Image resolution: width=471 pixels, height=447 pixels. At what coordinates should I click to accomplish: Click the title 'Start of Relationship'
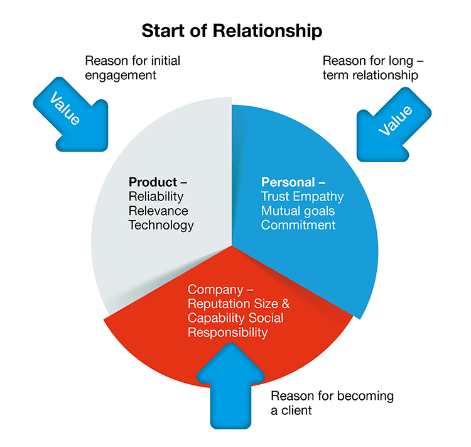232,31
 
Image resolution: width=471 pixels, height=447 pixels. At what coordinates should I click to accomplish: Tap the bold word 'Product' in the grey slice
153,182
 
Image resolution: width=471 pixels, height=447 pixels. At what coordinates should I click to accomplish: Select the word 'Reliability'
156,197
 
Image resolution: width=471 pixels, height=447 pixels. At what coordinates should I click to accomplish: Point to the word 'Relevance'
158,211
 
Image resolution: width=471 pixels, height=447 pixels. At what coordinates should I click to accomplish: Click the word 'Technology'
161,226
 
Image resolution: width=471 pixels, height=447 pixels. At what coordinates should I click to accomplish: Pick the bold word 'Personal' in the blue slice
288,182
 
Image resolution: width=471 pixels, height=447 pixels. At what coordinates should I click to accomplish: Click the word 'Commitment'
298,225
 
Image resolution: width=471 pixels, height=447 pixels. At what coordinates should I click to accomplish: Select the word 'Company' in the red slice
215,290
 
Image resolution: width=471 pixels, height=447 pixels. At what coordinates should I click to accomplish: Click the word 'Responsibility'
227,333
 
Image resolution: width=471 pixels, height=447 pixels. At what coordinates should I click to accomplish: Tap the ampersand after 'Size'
286,304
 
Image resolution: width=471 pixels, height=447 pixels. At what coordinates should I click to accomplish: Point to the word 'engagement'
121,75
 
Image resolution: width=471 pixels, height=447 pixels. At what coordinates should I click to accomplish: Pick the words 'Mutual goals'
298,211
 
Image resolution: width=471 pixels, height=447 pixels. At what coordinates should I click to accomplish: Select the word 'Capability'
216,318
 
